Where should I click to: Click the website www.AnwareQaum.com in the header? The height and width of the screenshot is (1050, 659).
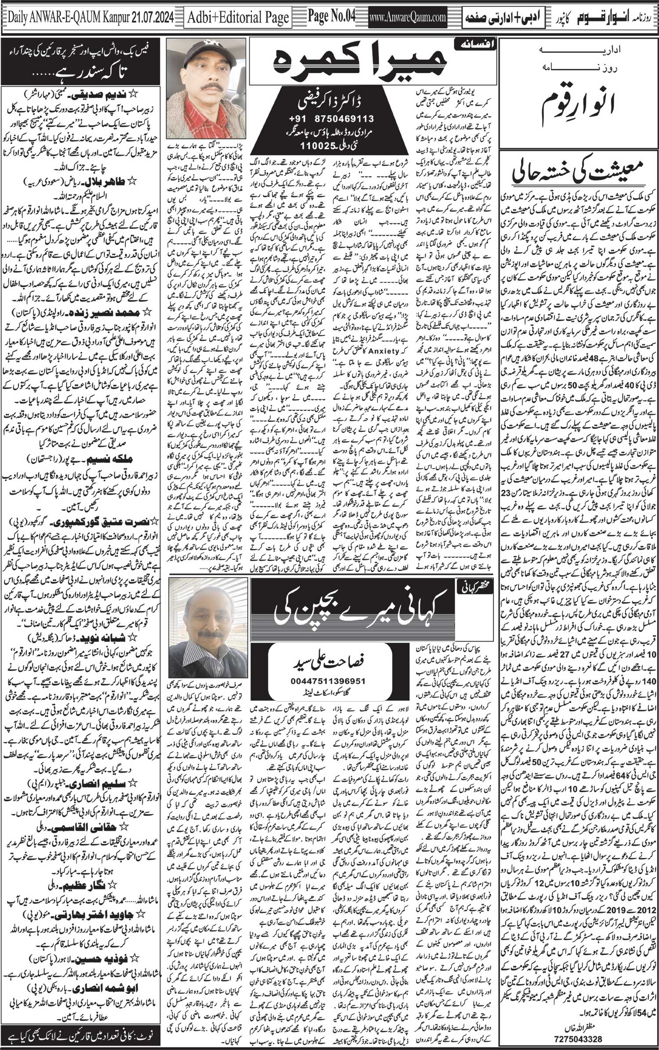point(409,17)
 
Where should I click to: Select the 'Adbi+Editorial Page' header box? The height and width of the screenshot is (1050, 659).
point(239,17)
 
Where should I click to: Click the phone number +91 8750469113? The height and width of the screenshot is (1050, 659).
point(337,119)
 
